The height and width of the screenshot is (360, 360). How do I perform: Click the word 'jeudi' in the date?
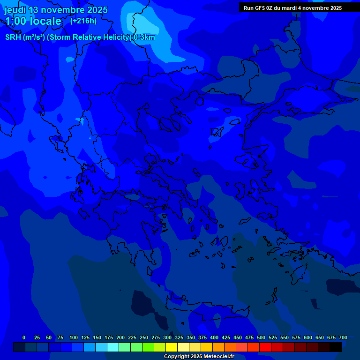point(15,10)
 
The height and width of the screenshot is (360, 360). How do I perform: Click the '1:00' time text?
point(16,22)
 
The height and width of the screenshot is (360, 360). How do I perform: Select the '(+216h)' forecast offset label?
point(83,21)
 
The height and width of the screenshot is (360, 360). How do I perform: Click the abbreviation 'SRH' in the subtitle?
point(13,37)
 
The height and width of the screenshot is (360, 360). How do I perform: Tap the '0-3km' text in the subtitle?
point(144,37)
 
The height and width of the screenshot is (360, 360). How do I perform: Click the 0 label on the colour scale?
point(23,337)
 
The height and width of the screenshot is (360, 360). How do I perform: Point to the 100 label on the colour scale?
point(74,337)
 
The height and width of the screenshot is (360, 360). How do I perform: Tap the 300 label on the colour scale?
point(167,337)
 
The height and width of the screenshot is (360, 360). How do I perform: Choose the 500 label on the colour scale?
point(261,337)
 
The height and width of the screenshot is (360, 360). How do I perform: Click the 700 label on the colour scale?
point(343,337)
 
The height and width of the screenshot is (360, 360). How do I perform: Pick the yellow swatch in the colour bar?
point(172,347)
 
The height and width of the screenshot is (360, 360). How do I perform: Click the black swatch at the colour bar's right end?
point(336,347)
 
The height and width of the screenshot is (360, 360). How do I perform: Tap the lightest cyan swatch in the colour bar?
point(113,347)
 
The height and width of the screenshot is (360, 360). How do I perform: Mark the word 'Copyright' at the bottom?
point(177,357)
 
